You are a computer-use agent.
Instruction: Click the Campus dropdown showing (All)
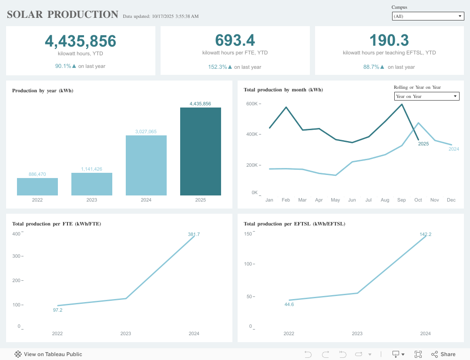(x=427, y=16)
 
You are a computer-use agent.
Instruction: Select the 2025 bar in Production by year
(x=200, y=151)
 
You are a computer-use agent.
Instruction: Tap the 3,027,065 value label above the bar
(x=146, y=131)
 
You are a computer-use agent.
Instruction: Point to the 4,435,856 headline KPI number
(x=81, y=41)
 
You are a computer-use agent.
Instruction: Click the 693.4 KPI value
(x=235, y=40)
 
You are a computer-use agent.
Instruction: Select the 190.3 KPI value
(x=389, y=40)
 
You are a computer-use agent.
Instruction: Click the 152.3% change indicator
(x=220, y=67)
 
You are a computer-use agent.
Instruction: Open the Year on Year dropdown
(x=426, y=96)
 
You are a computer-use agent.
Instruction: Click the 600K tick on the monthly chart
(x=252, y=104)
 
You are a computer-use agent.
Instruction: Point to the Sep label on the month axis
(x=401, y=200)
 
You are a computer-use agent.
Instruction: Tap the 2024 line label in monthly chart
(x=453, y=149)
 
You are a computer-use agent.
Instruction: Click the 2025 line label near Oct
(x=423, y=144)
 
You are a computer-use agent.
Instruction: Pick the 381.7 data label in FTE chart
(x=194, y=234)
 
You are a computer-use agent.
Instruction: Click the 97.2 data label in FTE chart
(x=57, y=310)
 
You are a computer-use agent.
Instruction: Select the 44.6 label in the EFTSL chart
(x=289, y=304)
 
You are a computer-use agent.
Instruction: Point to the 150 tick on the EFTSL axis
(x=248, y=234)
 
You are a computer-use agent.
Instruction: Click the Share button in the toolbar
(x=443, y=354)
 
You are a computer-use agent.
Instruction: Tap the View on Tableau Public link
(x=48, y=354)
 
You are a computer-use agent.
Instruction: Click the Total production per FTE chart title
(x=57, y=224)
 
